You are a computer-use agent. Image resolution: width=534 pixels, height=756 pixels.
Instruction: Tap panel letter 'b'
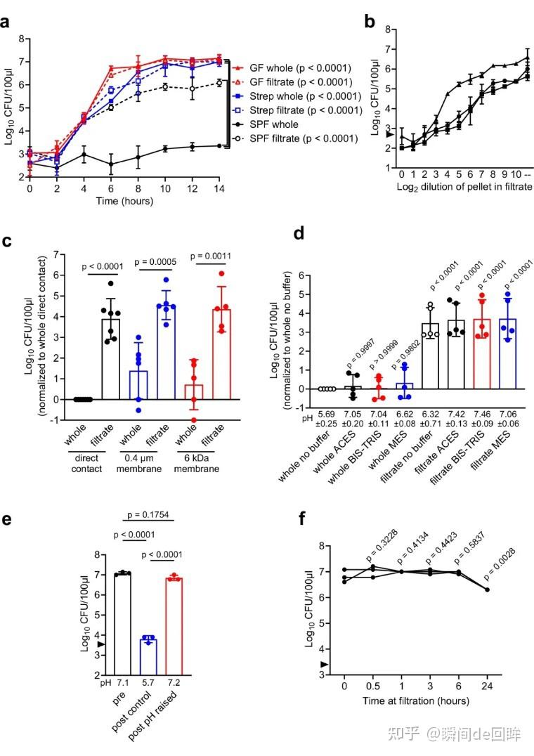pyautogui.click(x=371, y=22)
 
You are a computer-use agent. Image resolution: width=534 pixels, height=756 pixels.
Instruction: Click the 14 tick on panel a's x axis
pyautogui.click(x=220, y=188)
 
